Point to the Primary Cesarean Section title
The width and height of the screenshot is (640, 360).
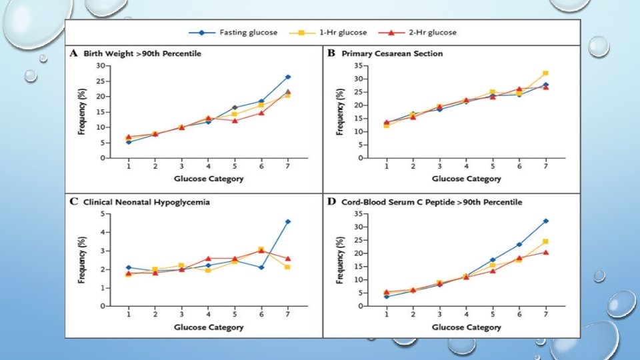pyautogui.click(x=392, y=53)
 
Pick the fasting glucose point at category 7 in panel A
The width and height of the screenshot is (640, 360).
pyautogui.click(x=288, y=77)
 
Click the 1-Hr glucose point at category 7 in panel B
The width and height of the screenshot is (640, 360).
pyautogui.click(x=545, y=73)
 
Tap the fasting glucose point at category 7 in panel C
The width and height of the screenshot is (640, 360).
pyautogui.click(x=288, y=221)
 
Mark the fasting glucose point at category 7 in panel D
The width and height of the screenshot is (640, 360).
pyautogui.click(x=545, y=221)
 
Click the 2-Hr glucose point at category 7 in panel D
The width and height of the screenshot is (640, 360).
pyautogui.click(x=545, y=252)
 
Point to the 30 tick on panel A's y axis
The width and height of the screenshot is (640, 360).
pyautogui.click(x=101, y=65)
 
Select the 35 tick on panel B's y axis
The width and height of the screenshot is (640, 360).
pyautogui.click(x=358, y=65)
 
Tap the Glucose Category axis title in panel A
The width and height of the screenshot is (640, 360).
pyautogui.click(x=209, y=179)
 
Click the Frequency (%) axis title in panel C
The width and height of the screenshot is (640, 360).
pyautogui.click(x=82, y=260)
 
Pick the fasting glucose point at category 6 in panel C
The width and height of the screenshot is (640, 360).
pyautogui.click(x=262, y=267)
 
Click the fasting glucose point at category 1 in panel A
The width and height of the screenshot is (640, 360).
pyautogui.click(x=129, y=142)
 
